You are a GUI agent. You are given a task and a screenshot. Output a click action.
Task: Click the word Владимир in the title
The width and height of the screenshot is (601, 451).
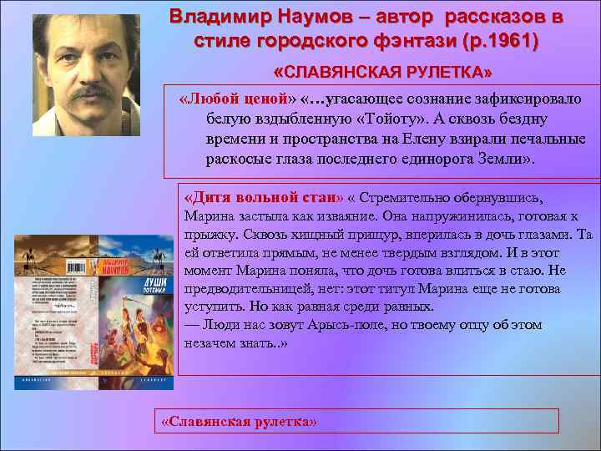(212, 17)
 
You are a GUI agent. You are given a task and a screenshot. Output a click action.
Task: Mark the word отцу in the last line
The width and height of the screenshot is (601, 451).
(476, 325)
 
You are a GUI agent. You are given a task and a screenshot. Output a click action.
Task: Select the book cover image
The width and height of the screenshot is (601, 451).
(94, 312)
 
